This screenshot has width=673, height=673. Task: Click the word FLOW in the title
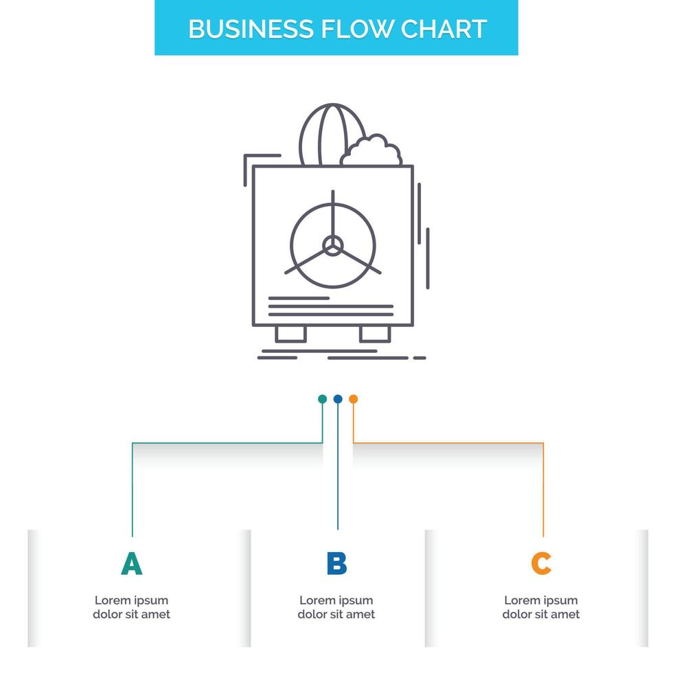(354, 29)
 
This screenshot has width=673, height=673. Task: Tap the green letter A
(131, 563)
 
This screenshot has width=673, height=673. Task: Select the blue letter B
(336, 563)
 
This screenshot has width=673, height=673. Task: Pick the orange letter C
(541, 563)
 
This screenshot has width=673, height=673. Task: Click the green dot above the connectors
(322, 399)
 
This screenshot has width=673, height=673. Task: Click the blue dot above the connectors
(337, 399)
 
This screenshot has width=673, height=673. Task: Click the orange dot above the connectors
(353, 399)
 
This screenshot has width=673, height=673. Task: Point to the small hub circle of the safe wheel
(333, 246)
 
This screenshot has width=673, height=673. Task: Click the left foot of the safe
(290, 334)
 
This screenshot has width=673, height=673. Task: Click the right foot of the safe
(375, 334)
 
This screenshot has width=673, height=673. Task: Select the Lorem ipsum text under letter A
(131, 607)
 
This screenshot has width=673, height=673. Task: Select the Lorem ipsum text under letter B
(336, 607)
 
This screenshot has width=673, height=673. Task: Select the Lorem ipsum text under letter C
(541, 607)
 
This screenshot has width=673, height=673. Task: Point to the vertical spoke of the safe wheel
(333, 214)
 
